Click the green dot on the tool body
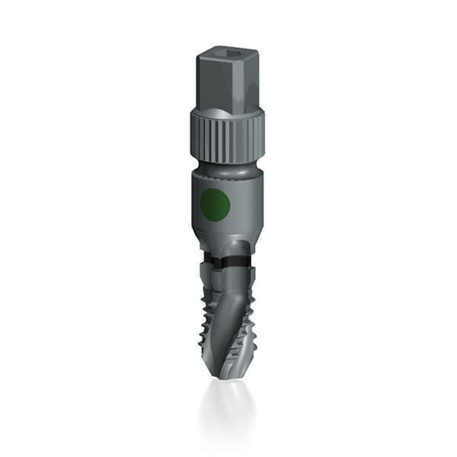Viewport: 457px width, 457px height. (214, 203)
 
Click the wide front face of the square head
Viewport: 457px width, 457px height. (220, 84)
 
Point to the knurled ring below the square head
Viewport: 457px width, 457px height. (226, 135)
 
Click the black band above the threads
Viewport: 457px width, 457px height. (228, 261)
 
